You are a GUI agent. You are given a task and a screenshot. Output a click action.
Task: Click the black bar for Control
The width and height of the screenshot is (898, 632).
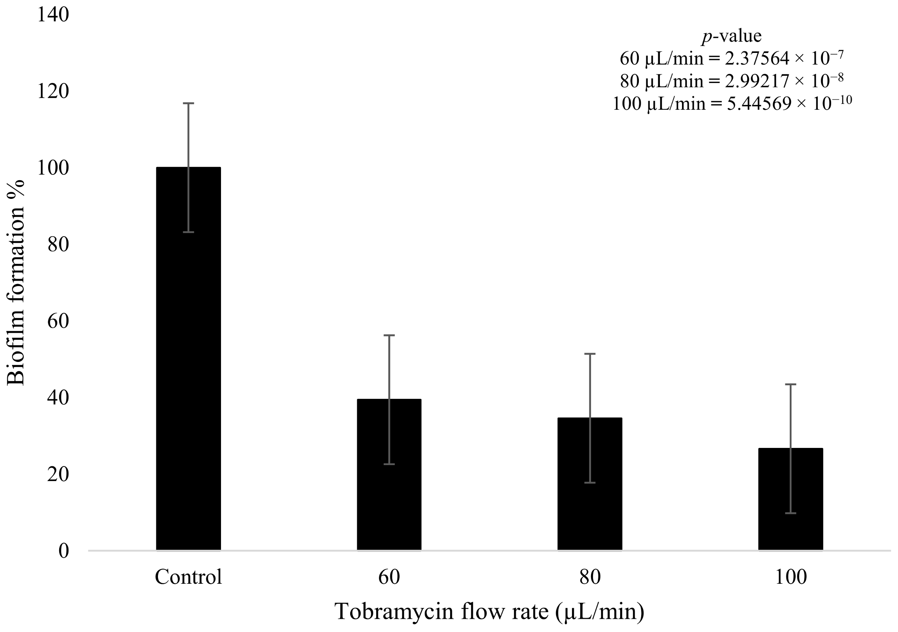click(x=188, y=360)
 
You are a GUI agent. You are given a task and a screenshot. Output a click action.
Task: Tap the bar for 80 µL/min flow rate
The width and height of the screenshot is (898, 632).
click(x=590, y=485)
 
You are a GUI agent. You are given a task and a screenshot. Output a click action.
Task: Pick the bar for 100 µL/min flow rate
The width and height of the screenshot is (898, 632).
click(x=791, y=500)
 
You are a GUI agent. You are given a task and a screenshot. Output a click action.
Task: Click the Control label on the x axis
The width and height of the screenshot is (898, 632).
click(x=189, y=577)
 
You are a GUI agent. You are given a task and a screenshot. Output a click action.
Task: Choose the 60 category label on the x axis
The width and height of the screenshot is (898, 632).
click(x=389, y=577)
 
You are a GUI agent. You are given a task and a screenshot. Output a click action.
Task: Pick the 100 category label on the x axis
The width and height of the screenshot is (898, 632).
click(x=791, y=577)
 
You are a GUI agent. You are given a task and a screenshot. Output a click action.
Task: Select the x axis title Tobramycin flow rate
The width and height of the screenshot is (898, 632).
click(x=489, y=612)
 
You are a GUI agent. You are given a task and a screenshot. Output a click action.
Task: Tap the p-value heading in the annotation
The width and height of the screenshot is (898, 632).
click(x=731, y=36)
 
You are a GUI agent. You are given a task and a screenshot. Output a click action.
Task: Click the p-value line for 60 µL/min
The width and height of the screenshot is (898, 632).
click(x=731, y=59)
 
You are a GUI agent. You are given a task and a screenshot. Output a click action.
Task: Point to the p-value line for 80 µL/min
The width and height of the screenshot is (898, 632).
click(x=731, y=81)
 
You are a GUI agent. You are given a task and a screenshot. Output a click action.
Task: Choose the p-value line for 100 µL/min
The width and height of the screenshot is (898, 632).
click(x=731, y=104)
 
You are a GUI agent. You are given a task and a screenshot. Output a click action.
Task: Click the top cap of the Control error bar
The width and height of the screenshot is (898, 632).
click(x=189, y=103)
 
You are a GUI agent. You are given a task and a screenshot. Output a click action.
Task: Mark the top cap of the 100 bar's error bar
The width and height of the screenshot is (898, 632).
click(x=791, y=384)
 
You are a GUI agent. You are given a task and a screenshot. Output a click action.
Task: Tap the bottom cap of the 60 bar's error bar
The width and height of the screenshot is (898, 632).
click(x=389, y=464)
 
